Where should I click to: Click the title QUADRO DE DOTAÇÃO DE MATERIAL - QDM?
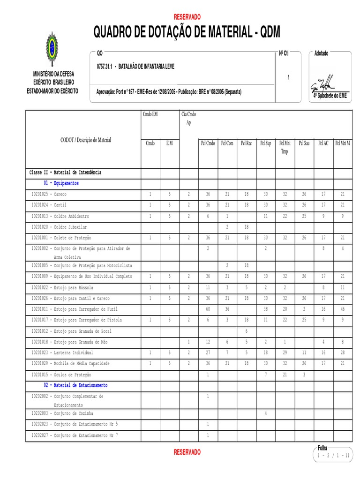coord(187,32)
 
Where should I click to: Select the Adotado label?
coord(321,53)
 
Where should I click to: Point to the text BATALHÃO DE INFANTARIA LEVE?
coord(146,67)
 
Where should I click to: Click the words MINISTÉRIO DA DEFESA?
coord(53,74)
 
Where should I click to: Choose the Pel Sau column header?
coord(304,143)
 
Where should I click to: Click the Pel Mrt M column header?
coord(342,143)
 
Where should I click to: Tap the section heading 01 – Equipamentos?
coord(61,183)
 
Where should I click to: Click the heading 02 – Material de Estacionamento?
coord(75,385)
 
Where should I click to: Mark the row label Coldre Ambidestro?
coord(60,217)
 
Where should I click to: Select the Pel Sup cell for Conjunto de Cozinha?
coord(265,413)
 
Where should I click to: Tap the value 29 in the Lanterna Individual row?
coord(285,352)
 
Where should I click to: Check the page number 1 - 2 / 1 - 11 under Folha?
coord(333,456)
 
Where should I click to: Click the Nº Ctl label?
coord(284,53)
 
